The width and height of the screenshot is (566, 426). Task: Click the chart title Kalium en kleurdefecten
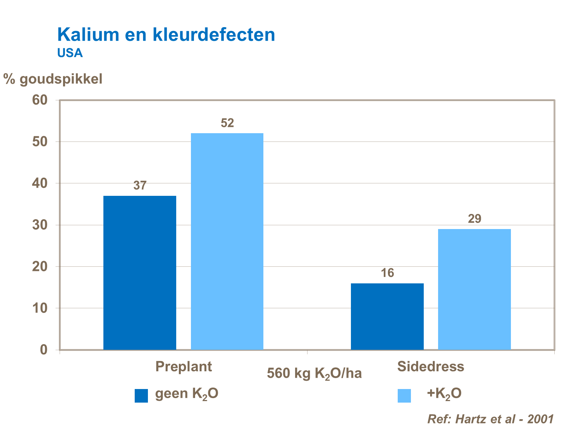click(x=166, y=35)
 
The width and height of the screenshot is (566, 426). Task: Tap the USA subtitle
click(x=70, y=53)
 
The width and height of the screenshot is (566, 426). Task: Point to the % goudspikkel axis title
click(x=53, y=79)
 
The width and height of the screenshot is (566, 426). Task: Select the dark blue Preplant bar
click(x=140, y=272)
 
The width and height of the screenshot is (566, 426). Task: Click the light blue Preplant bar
click(x=227, y=241)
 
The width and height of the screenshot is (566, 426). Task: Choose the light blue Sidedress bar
click(x=474, y=289)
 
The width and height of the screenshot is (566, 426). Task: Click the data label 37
click(x=140, y=186)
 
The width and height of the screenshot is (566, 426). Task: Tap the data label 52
click(x=227, y=123)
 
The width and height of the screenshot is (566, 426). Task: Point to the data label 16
click(x=387, y=273)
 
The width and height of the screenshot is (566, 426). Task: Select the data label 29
click(x=474, y=219)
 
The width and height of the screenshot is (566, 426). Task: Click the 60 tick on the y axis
click(x=40, y=100)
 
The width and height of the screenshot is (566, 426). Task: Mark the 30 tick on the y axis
click(x=40, y=225)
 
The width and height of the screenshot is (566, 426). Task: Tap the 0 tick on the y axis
click(x=44, y=350)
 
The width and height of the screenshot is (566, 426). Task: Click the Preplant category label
click(x=183, y=366)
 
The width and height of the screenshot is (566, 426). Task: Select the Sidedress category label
click(x=431, y=366)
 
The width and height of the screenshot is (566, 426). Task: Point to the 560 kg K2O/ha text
click(x=314, y=374)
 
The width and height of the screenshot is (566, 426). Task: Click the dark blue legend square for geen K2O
click(x=141, y=396)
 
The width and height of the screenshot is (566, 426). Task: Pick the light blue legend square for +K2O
click(x=404, y=396)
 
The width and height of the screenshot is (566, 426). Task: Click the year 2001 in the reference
click(x=540, y=419)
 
